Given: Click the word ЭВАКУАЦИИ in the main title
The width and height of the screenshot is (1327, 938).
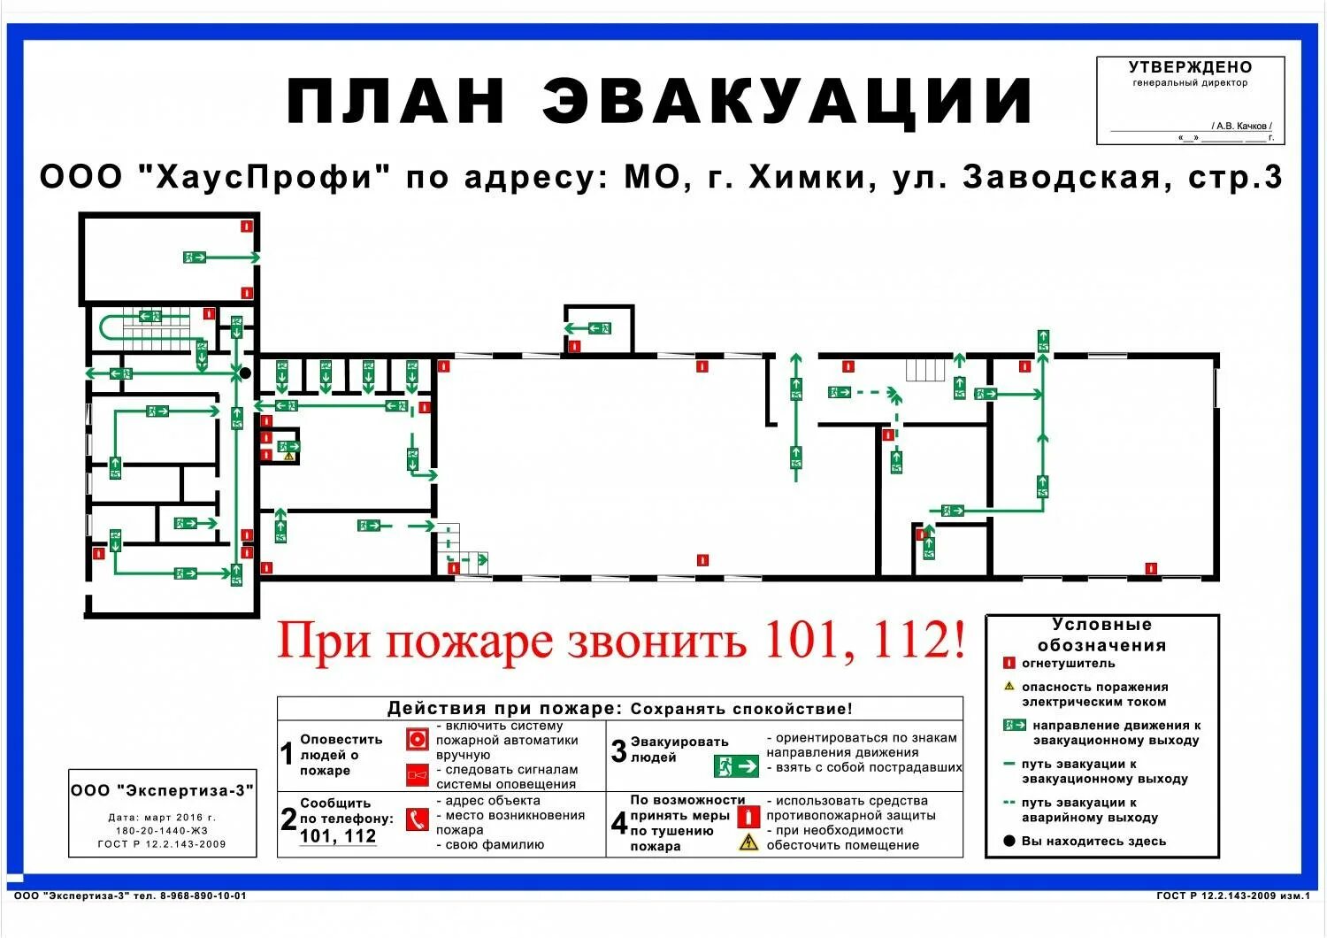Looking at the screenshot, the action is (787, 100).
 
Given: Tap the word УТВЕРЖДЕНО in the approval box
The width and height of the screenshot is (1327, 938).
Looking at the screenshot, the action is (1190, 67).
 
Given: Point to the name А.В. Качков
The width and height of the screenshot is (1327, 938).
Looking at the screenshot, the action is (1241, 126).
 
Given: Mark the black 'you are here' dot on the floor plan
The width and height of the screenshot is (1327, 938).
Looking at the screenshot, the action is (245, 373).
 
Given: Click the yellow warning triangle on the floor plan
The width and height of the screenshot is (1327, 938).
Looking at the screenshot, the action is (288, 457).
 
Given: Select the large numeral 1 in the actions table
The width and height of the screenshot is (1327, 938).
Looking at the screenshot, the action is (287, 754).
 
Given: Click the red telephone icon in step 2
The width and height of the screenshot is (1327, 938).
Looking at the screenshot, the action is (417, 819).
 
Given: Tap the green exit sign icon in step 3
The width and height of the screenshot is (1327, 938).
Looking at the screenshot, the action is (736, 765).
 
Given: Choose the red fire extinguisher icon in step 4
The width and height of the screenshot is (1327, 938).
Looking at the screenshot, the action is (748, 816).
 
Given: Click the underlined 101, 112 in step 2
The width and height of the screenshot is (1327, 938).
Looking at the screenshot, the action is (338, 836).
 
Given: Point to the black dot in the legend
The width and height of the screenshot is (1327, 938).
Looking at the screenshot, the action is (1009, 841).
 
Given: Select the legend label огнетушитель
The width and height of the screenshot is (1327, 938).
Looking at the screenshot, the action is (1068, 663).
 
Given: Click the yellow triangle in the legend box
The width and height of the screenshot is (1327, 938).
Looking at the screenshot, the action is (1009, 686).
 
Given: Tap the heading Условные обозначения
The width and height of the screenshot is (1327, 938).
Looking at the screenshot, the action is (1101, 635).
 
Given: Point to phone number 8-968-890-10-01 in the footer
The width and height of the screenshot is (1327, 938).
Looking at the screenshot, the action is (203, 896).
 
